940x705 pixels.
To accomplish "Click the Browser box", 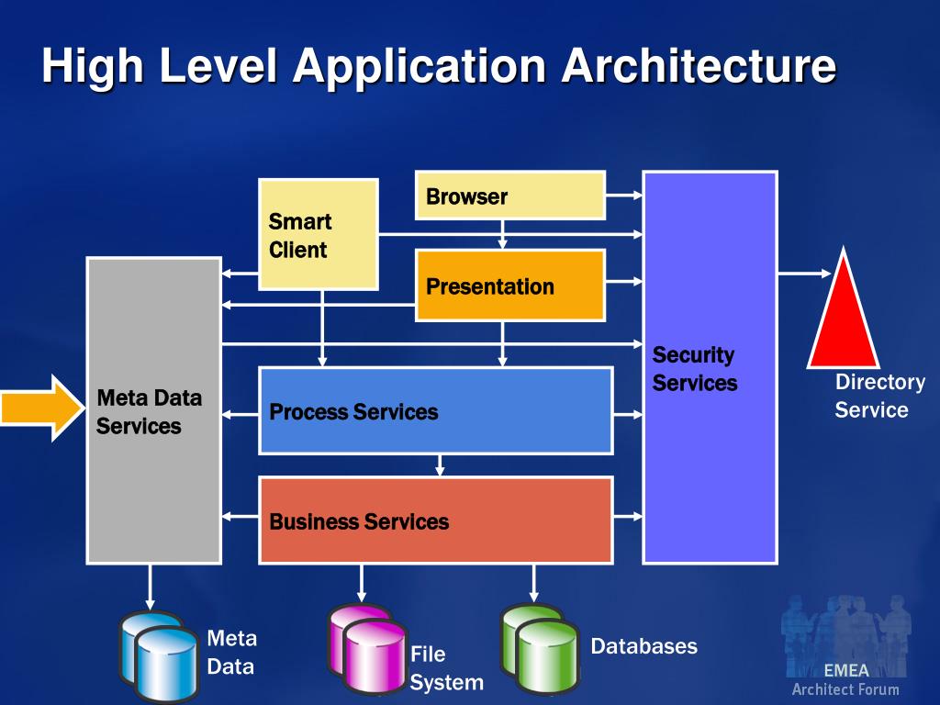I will pos(510,196).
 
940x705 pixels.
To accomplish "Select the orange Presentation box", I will pos(510,285).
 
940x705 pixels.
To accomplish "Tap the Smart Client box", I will pos(318,235).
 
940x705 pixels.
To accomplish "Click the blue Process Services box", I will pos(435,411).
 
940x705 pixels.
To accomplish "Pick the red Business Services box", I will pos(435,520).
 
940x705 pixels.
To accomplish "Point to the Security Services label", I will pos(694,369).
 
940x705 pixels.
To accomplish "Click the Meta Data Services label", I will pos(149,412).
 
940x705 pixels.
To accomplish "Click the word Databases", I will pos(643,646).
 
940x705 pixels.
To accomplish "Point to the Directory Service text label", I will pos(878,396).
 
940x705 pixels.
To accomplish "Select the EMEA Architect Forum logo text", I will pos(845,680).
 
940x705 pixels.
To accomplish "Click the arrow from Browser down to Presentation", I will pos(502,234).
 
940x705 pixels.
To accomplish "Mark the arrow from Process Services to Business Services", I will pos(440,464).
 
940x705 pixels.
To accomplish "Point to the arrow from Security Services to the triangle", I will pos(804,273).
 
